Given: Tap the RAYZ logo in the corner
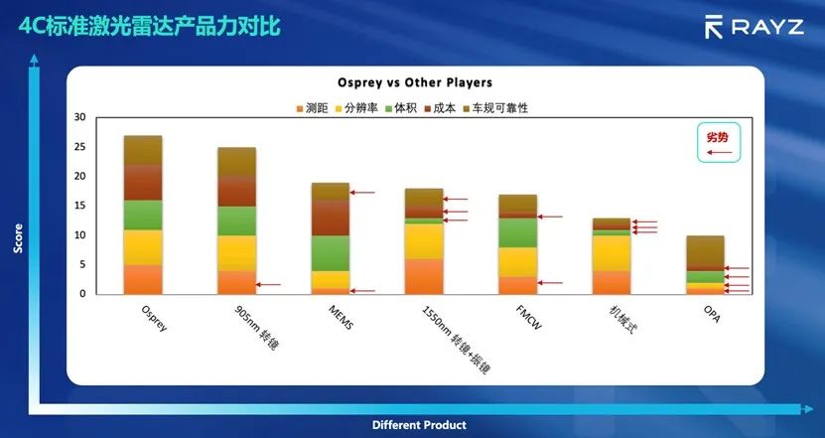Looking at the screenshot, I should [x=754, y=27].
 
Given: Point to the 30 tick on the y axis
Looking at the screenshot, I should [x=80, y=117].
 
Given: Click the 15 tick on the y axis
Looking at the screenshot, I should [x=80, y=206].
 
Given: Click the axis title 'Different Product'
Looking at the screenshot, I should [x=419, y=425].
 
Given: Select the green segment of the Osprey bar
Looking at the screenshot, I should [x=143, y=215].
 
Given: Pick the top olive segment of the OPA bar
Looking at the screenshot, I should [x=706, y=252].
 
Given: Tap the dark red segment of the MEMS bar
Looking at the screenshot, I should [x=331, y=218].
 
